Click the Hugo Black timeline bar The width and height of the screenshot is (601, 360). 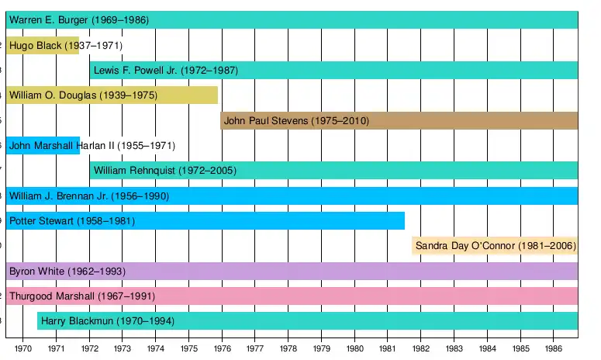point(43,46)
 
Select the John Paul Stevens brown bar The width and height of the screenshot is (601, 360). point(399,120)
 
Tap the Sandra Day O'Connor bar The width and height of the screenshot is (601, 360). point(496,246)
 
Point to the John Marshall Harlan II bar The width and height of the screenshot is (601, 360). point(43,145)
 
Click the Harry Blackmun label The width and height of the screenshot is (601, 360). point(77,321)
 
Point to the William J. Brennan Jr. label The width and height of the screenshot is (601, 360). point(60,196)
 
